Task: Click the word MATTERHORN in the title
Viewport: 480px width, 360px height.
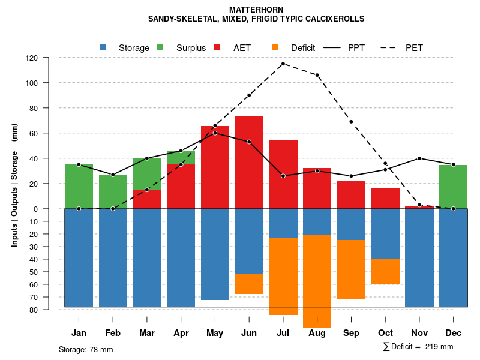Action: point(256,10)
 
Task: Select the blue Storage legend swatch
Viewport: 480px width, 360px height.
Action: point(103,47)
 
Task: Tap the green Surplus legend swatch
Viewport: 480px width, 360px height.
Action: point(160,47)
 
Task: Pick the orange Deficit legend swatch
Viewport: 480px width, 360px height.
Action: point(275,47)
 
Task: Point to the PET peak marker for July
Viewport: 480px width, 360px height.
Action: point(283,64)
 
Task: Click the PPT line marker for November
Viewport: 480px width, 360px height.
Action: point(419,158)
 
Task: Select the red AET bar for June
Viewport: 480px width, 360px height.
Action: point(249,162)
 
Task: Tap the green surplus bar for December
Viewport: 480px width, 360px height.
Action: point(453,187)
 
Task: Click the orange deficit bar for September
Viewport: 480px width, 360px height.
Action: point(351,269)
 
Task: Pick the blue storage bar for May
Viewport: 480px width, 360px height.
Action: point(215,254)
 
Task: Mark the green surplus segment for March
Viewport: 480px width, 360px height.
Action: point(147,174)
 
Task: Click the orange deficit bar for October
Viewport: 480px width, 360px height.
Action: point(385,272)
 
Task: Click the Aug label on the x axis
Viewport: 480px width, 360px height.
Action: point(317,333)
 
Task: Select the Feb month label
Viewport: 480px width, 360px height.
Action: point(113,333)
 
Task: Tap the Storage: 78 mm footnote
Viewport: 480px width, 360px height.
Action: point(86,349)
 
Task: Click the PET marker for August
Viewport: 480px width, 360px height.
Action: point(317,75)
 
